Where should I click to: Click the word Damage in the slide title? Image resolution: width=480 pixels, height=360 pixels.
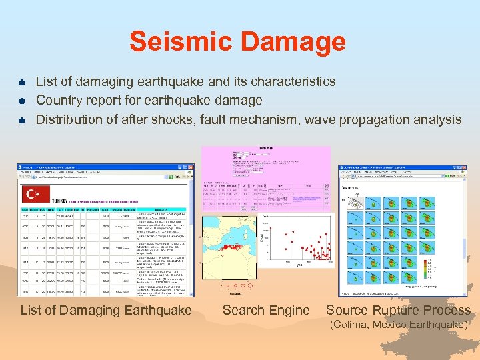click(290, 42)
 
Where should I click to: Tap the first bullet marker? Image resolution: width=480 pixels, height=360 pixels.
click(21, 82)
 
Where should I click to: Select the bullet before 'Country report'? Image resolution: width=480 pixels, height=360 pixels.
click(21, 101)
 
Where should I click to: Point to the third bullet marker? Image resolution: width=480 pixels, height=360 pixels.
click(21, 121)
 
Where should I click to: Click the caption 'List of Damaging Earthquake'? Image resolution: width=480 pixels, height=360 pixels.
click(106, 310)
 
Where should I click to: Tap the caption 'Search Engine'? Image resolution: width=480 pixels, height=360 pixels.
click(266, 310)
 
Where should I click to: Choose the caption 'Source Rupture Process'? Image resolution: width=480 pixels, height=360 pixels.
click(398, 310)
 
